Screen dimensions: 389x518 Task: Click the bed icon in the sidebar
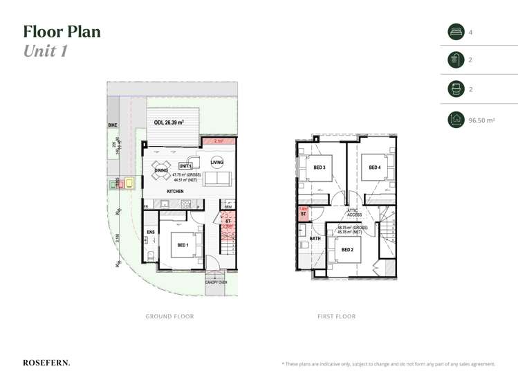coord(456,32)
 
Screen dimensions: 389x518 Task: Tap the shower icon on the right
coord(456,60)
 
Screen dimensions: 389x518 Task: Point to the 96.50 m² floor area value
coord(482,120)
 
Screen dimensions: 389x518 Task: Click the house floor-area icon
coord(456,120)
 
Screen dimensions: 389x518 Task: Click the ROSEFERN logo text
coord(46,363)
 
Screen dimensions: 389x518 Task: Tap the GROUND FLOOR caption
coord(169,316)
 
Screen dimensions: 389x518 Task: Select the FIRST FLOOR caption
coord(336,316)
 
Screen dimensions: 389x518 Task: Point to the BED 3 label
coord(320,167)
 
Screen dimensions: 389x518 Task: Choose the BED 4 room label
coord(374,167)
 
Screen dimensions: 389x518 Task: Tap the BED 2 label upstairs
coord(346,249)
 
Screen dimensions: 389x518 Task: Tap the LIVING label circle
coord(217,163)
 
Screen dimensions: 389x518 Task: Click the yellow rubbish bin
coord(129,183)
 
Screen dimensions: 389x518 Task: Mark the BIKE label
coord(113,125)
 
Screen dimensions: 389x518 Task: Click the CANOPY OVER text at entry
coord(216,282)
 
